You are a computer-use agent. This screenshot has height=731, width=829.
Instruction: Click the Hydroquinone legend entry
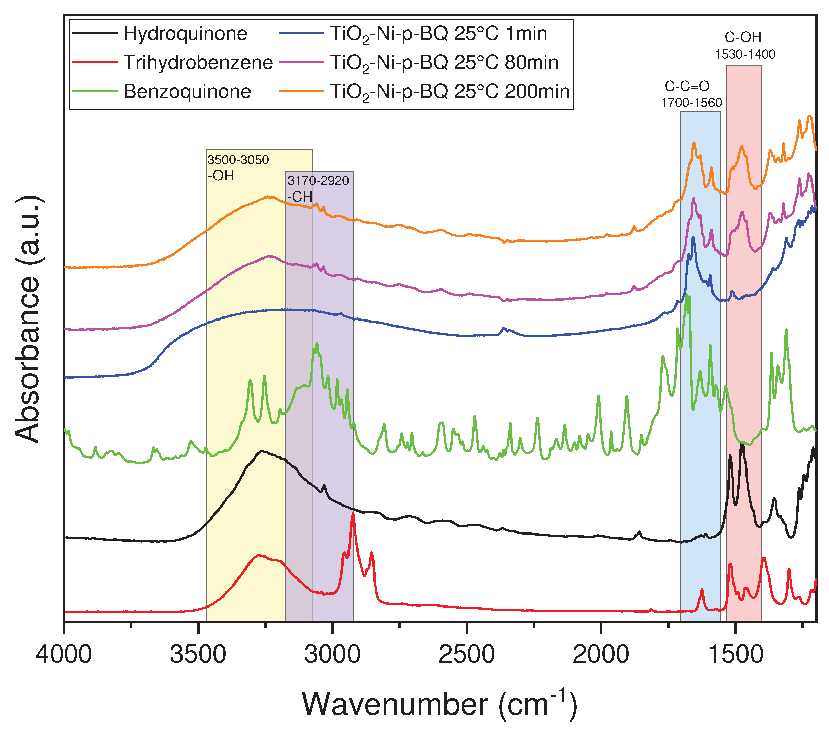(185, 34)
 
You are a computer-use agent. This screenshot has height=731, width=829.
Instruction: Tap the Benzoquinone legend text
(187, 92)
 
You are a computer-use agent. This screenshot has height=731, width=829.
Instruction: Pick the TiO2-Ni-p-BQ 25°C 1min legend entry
(438, 34)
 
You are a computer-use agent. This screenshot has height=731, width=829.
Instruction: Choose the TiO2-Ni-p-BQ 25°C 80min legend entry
(444, 63)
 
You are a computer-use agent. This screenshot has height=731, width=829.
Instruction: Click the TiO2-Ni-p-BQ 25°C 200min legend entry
(450, 92)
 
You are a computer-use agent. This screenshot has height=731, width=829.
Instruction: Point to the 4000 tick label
(64, 655)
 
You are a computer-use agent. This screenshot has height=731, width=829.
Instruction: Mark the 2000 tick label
(601, 655)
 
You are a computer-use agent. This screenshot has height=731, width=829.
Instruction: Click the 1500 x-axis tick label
(735, 655)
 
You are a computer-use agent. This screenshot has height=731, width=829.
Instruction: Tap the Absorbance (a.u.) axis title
(28, 318)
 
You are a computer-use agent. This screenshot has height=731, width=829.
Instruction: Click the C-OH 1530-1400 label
(744, 45)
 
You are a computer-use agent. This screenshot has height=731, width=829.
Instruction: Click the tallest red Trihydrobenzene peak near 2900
(353, 514)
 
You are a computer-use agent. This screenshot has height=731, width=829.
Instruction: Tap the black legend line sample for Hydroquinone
(95, 33)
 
